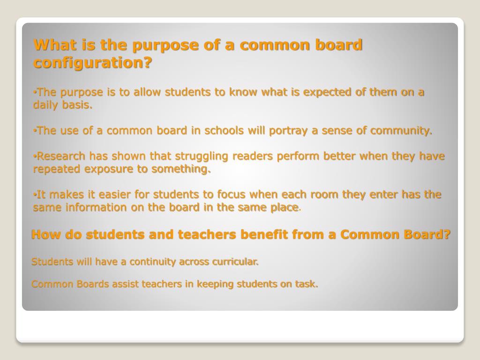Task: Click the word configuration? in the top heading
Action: (x=93, y=62)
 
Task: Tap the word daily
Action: (x=45, y=105)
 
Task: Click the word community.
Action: (x=401, y=130)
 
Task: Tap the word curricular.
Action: (x=235, y=262)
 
